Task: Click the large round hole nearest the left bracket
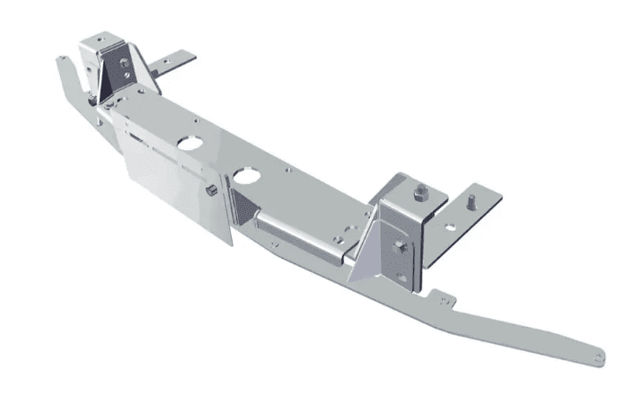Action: pos(190,141)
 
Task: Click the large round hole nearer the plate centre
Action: pos(244,172)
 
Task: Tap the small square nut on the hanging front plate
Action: pos(208,190)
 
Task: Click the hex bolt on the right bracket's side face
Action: pos(401,246)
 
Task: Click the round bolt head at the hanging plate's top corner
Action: pos(109,106)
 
